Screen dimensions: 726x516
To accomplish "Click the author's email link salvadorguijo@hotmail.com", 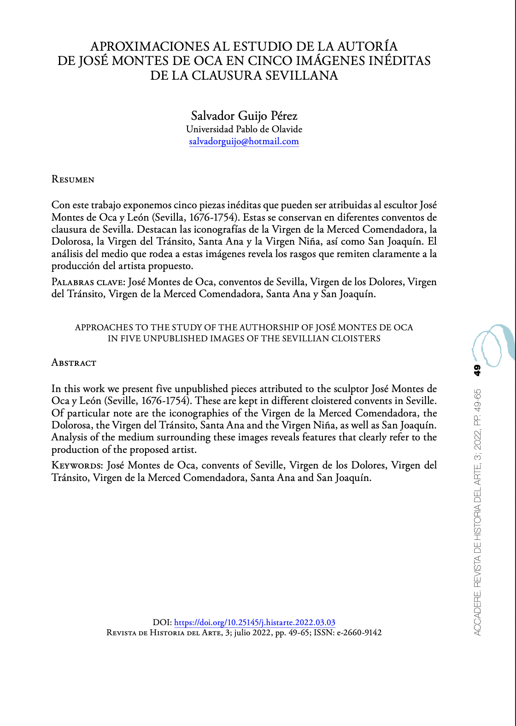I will [244, 141].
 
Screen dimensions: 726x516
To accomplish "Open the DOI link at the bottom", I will [254, 622].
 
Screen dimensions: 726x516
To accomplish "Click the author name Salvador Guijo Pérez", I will [244, 115].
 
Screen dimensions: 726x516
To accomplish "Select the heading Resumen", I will [73, 179].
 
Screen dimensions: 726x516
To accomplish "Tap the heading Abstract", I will [74, 363].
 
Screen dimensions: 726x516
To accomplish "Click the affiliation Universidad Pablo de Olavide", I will [244, 129].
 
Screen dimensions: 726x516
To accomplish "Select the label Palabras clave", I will [87, 282].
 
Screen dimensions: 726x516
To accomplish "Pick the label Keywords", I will [77, 465].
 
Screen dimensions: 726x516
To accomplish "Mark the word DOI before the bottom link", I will [162, 622].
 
